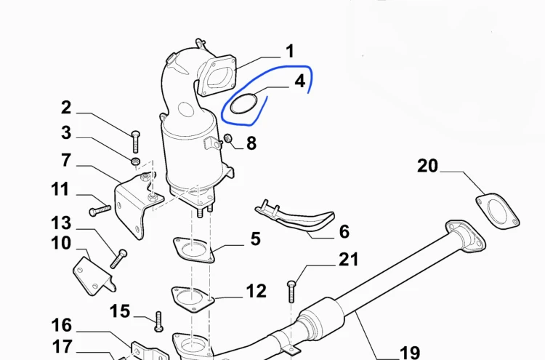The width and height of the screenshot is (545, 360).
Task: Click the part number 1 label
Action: [x=290, y=51]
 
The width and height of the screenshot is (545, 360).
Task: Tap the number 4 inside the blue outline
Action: [x=299, y=81]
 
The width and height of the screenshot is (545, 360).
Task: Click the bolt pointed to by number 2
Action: [x=136, y=142]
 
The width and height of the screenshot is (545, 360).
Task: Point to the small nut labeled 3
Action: [x=136, y=161]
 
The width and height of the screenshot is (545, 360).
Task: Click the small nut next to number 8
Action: [x=227, y=137]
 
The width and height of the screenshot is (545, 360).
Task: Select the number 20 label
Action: [x=427, y=166]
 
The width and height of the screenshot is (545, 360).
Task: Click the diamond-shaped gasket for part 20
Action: [x=497, y=211]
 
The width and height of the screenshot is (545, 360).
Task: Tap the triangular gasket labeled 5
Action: [x=193, y=249]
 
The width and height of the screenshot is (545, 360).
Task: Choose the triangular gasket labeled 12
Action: [x=193, y=299]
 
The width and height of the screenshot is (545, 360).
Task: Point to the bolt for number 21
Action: [x=291, y=292]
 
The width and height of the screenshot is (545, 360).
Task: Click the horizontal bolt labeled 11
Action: [x=100, y=210]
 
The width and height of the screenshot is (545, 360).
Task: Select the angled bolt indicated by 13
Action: [x=118, y=259]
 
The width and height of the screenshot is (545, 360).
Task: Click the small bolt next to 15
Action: [x=158, y=321]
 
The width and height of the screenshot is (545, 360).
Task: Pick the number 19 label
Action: [x=410, y=353]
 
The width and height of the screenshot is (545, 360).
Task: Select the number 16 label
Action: [x=62, y=326]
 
